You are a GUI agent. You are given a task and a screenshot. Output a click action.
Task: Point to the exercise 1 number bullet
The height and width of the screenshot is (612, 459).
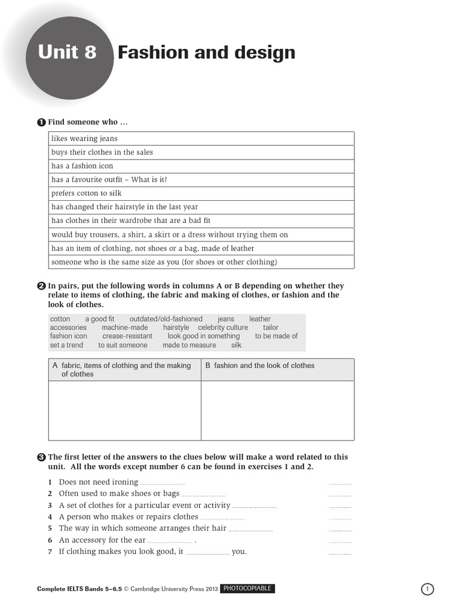41,123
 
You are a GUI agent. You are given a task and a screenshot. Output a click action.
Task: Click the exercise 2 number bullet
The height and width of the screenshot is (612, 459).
41,286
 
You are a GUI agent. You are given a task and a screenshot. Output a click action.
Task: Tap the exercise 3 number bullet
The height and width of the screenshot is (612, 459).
41,457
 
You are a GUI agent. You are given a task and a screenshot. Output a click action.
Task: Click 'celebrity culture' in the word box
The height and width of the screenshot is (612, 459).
222,328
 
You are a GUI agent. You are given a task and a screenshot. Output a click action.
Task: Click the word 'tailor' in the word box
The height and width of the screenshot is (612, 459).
270,328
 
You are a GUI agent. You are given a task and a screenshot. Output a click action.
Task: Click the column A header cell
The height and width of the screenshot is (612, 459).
124,370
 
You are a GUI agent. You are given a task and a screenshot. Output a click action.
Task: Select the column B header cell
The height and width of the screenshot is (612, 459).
277,370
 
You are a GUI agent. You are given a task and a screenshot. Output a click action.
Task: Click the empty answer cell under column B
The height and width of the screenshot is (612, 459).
277,411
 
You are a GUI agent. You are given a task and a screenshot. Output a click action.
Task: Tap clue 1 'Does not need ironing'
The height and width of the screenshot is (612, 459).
99,482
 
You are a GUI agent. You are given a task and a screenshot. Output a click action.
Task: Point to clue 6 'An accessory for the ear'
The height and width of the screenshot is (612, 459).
102,540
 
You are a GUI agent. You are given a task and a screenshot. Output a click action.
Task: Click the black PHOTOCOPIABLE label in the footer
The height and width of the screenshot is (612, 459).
247,589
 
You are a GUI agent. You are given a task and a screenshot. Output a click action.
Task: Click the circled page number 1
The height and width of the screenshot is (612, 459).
428,589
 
